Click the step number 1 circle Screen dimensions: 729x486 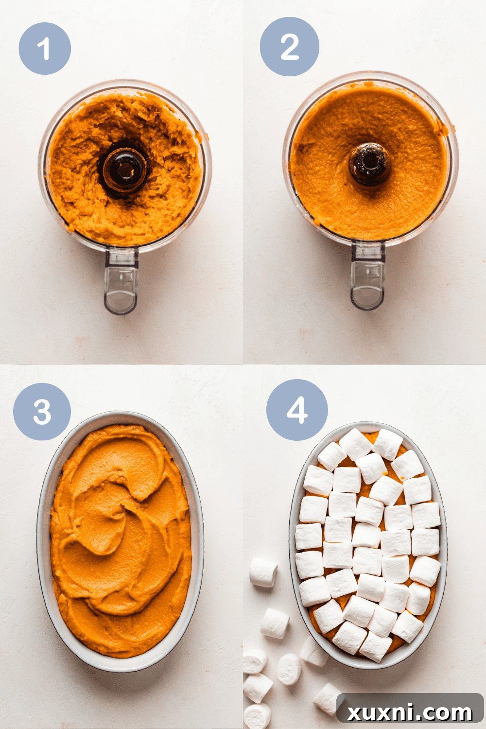point(45,48)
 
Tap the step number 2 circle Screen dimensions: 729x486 point(290,47)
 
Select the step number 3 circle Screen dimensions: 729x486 point(42,411)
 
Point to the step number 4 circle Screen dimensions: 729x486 point(296,410)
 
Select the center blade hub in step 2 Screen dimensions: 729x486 point(369,165)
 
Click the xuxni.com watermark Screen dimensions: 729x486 point(409,712)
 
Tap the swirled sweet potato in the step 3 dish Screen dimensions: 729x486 point(121,535)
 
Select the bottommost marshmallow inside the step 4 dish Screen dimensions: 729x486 point(375,646)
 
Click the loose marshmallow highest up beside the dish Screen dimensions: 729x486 point(263,572)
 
